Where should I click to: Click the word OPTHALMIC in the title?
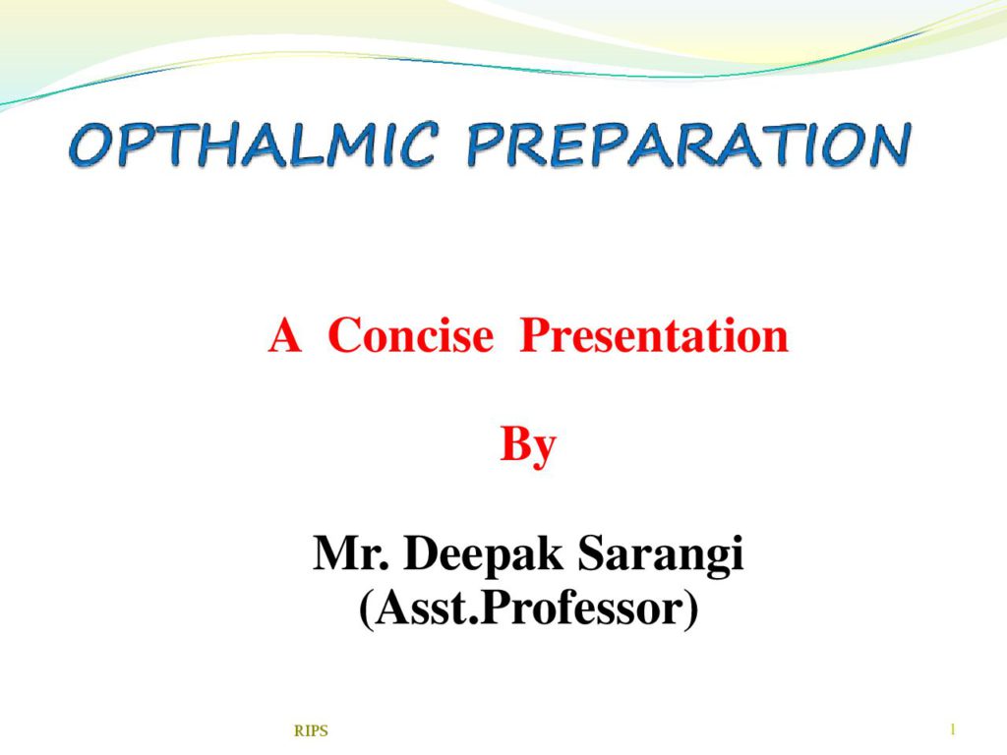coord(255,145)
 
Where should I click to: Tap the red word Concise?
coord(410,334)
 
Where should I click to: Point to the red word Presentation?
coord(654,334)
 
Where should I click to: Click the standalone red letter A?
coord(284,334)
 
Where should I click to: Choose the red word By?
coord(528,445)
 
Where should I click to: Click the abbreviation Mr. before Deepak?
coord(351,552)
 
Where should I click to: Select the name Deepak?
coord(483,554)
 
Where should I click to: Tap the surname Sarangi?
coord(661,554)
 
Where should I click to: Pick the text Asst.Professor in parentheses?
coord(528,608)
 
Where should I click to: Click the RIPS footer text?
coord(311,730)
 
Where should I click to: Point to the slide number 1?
coord(953,729)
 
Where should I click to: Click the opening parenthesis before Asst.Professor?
coord(367,610)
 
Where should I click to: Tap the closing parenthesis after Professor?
coord(691,610)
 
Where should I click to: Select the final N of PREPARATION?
coord(889,145)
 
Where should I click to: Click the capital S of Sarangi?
coord(592,552)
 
